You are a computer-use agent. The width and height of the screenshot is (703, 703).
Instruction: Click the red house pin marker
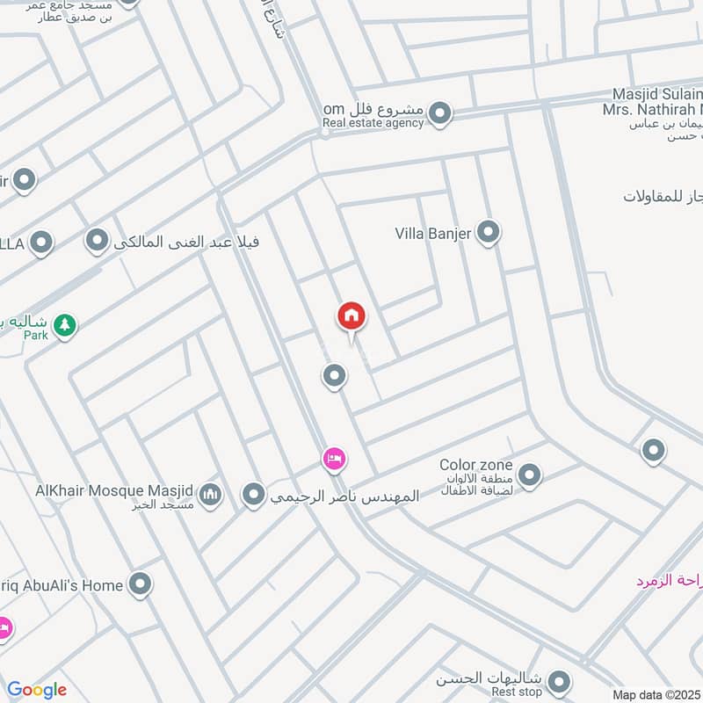(351, 317)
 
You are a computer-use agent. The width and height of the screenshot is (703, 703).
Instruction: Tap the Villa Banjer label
(433, 234)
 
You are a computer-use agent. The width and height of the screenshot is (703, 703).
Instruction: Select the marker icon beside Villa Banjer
(489, 233)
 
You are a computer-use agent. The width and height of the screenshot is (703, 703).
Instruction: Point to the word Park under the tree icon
(35, 336)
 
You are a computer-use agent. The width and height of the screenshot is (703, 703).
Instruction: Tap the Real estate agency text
(373, 123)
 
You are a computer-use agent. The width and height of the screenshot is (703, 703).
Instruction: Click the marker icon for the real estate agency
(440, 113)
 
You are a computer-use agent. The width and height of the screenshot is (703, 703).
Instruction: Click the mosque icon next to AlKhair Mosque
(209, 496)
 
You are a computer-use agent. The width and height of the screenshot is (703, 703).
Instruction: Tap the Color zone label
(475, 465)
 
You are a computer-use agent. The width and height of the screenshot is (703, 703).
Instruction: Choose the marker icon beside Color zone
(529, 476)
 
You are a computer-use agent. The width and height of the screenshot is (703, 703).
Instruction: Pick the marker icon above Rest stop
(558, 680)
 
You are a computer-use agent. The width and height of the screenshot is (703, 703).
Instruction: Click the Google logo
(37, 690)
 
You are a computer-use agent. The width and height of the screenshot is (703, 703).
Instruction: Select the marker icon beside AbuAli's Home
(140, 583)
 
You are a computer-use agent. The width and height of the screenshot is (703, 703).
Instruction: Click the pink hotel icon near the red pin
(334, 458)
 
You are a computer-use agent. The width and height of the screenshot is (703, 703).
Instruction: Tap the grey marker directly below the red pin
(333, 377)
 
